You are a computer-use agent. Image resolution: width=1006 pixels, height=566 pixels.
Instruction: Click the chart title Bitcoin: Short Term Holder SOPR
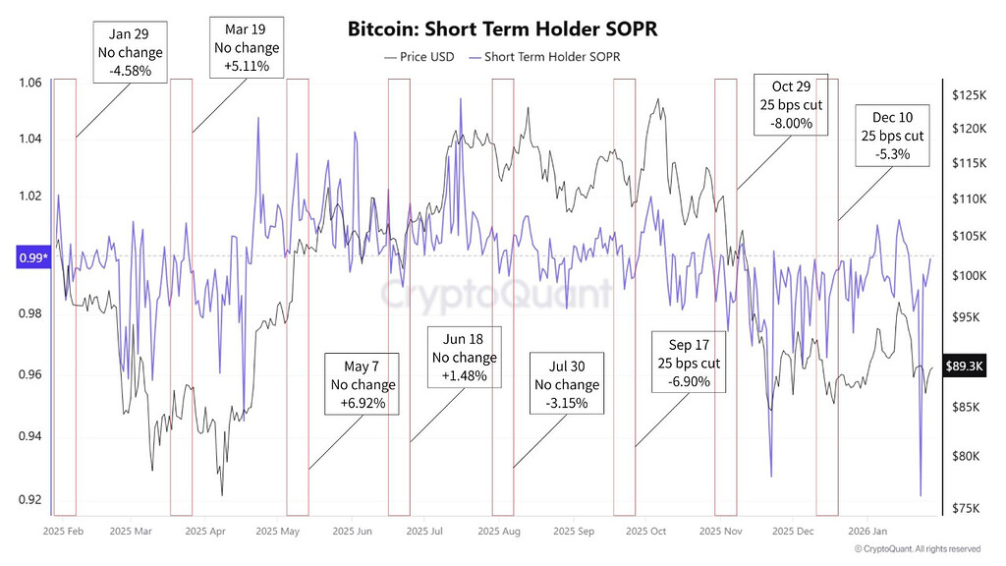coord(502,28)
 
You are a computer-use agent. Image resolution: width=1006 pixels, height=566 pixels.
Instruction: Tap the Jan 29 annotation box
coord(131,51)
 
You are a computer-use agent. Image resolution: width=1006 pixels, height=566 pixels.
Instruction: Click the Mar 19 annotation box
coord(247,47)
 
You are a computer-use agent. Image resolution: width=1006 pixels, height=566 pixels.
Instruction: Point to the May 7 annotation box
coord(363,384)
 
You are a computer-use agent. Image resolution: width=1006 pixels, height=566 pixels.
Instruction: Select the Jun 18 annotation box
coord(465,358)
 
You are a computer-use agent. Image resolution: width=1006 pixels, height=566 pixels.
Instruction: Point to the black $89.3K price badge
coord(963,366)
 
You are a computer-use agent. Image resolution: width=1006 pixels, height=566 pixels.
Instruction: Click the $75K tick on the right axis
coord(966,508)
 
